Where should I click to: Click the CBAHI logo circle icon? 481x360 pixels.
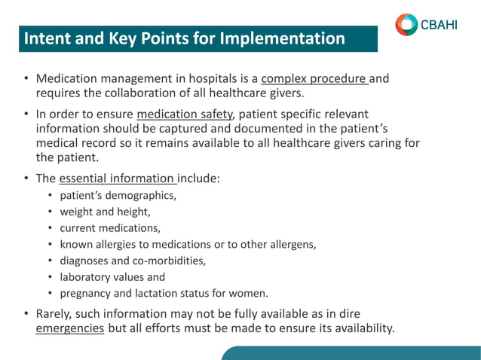coord(406,24)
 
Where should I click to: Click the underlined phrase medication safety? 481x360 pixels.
coord(186,114)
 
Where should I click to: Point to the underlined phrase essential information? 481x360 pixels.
coord(117,179)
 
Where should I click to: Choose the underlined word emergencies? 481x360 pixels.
coord(70,328)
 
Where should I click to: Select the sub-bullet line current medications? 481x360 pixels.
coord(110,228)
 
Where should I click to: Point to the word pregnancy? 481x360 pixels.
coord(87,294)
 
